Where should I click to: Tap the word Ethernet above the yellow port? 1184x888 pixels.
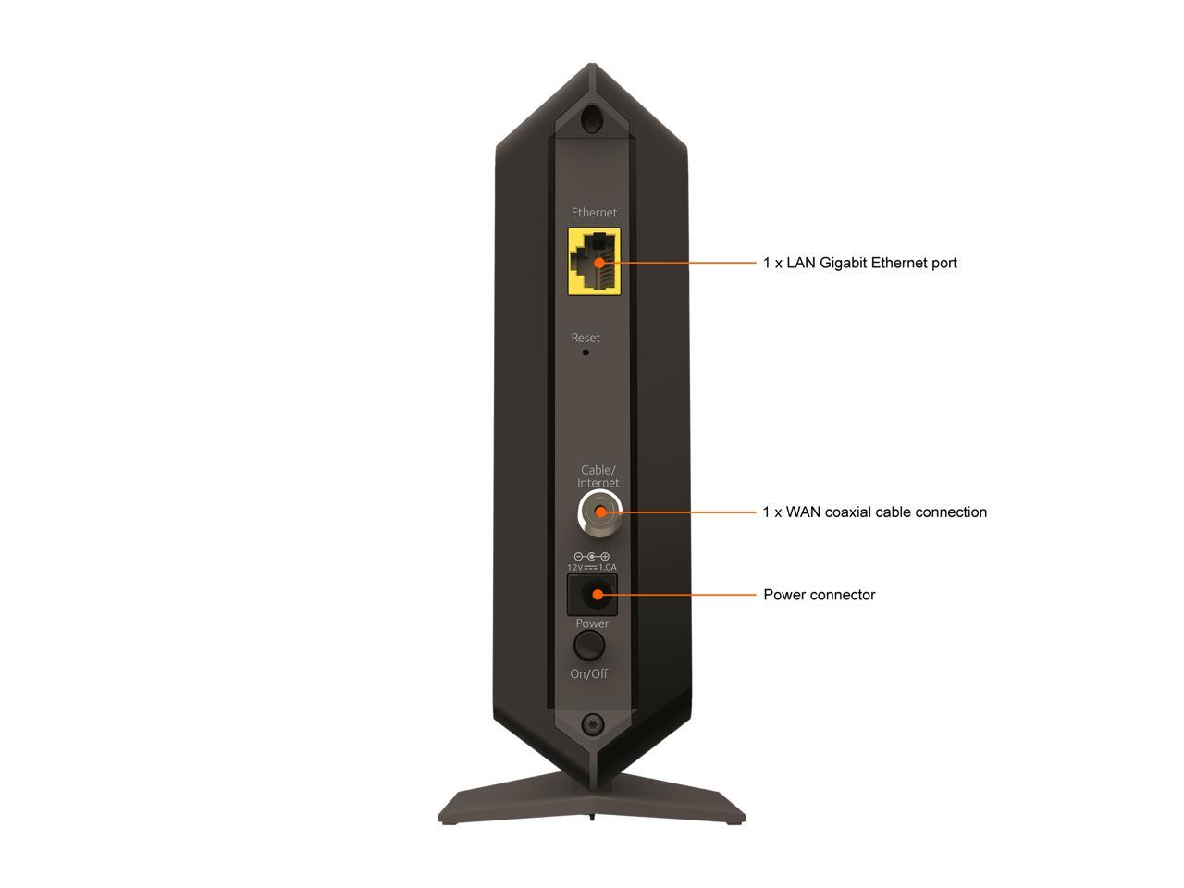coord(594,213)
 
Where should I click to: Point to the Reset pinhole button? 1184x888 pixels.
coord(586,352)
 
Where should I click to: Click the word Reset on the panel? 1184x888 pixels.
coord(586,338)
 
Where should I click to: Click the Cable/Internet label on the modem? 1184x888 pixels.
coord(598,476)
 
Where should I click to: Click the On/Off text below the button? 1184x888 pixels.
coord(589,673)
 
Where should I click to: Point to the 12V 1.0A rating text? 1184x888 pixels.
coord(592,567)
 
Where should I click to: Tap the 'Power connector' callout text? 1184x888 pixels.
coord(819,595)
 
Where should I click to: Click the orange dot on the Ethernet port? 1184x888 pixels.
coord(599,263)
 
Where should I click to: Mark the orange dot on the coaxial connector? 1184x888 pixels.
coord(599,512)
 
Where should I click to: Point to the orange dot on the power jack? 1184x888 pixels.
coord(598,595)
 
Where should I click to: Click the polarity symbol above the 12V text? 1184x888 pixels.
coord(592,556)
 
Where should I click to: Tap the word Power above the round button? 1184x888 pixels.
coord(592,623)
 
